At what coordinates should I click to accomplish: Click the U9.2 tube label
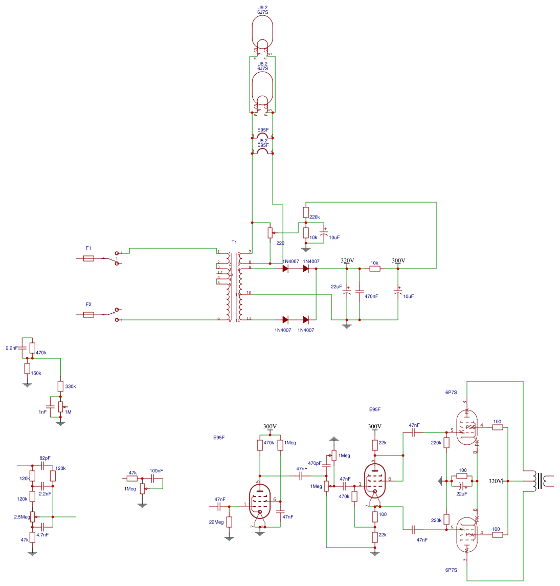click(x=262, y=8)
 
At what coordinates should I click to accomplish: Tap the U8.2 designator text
click(x=262, y=64)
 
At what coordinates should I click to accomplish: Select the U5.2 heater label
click(x=262, y=141)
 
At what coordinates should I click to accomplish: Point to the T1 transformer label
click(x=234, y=242)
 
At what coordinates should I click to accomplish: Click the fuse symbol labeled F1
click(x=88, y=258)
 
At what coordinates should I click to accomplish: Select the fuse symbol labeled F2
click(x=88, y=315)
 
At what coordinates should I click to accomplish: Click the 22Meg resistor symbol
click(x=229, y=522)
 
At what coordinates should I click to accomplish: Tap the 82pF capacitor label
click(x=45, y=458)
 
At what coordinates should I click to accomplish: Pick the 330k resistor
click(x=60, y=386)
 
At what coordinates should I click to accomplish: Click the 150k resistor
click(x=27, y=368)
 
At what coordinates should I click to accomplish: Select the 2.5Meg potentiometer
click(x=32, y=517)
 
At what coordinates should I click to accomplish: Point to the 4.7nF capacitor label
click(x=42, y=534)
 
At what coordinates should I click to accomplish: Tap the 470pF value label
click(x=315, y=463)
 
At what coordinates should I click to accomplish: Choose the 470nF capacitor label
click(x=371, y=296)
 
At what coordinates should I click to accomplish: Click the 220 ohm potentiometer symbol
click(x=270, y=233)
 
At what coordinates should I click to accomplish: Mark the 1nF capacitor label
click(x=42, y=412)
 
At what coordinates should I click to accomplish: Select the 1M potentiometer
click(x=60, y=407)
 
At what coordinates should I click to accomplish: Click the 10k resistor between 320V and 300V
click(x=375, y=269)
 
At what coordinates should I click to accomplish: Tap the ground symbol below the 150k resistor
click(x=27, y=384)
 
